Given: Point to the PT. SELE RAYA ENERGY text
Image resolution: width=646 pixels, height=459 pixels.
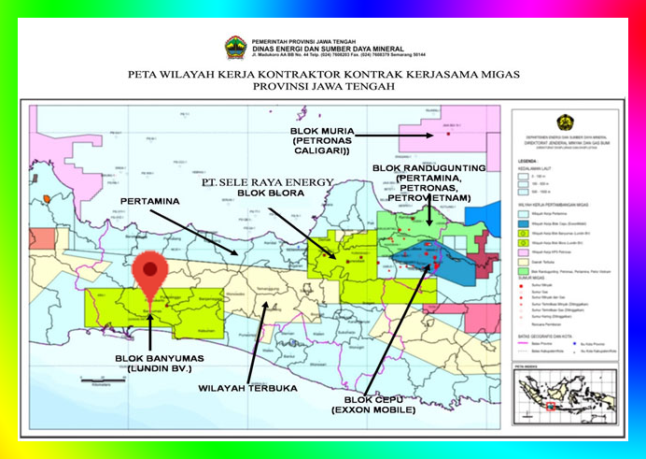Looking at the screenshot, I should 268,182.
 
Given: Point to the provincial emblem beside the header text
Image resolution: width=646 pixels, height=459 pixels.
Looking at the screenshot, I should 235,47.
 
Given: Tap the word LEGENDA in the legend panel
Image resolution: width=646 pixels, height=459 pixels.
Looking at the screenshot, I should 530,161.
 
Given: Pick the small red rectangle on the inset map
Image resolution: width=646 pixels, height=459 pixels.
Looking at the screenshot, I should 551,405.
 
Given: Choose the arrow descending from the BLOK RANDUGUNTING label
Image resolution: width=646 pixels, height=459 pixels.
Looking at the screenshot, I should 428,215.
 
